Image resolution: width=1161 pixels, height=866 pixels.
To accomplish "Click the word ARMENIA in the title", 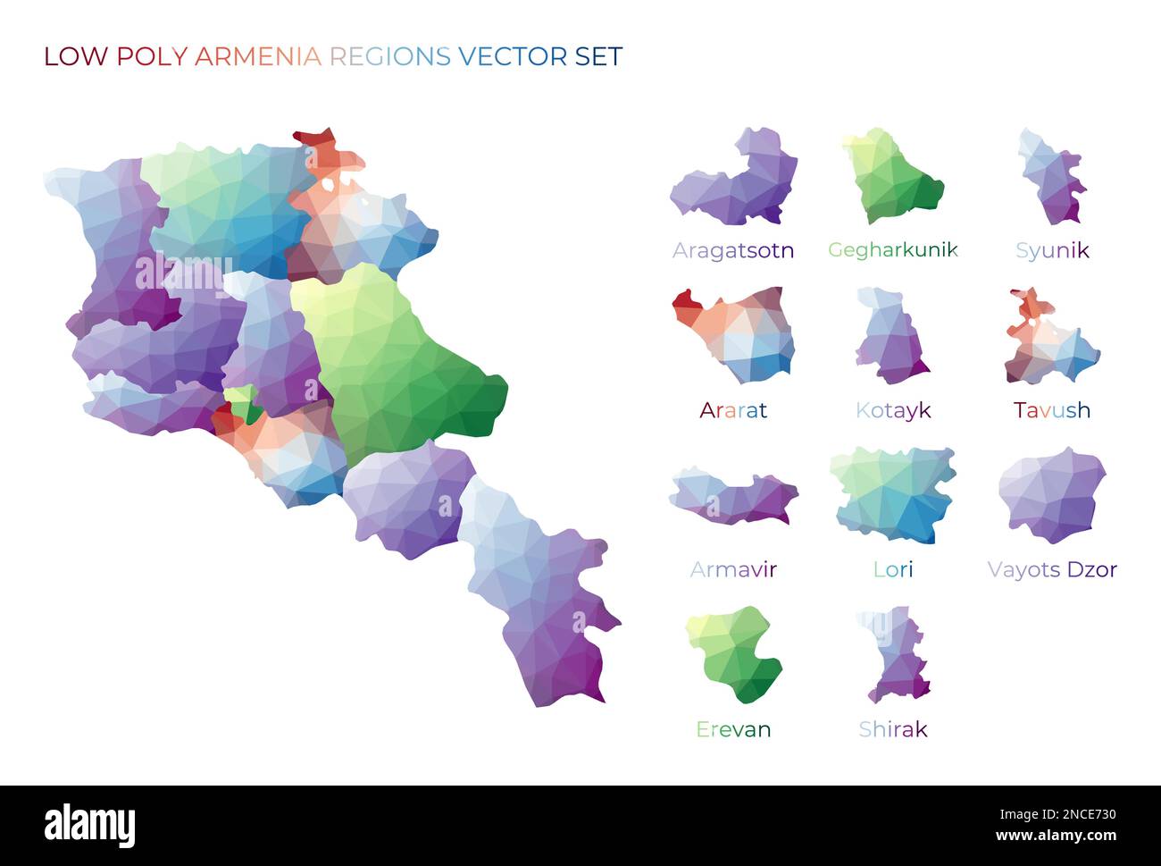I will (257, 56).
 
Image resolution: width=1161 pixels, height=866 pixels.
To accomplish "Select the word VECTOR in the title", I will (513, 56).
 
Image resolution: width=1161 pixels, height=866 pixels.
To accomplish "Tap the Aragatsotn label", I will (732, 250).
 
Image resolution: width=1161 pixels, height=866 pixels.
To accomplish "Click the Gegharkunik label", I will (892, 250).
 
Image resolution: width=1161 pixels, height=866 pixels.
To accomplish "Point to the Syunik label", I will (1051, 250).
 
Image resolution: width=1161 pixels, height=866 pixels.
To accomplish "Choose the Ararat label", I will (732, 410).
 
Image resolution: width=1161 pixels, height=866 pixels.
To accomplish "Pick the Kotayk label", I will (892, 410).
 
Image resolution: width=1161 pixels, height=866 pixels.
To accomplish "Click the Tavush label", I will (1051, 410).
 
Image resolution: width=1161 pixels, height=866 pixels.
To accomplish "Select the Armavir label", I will (732, 569).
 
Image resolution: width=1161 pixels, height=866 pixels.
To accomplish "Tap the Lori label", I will (892, 569).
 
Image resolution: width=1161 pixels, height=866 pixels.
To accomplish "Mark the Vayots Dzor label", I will (1051, 569).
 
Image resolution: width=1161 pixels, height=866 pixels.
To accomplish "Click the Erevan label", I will (732, 729).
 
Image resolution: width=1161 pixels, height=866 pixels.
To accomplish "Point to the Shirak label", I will (892, 729).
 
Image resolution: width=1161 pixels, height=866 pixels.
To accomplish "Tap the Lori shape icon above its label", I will (893, 494).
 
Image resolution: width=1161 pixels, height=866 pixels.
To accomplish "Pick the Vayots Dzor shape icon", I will (1051, 496).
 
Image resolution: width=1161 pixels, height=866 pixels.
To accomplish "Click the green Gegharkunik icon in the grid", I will (893, 177).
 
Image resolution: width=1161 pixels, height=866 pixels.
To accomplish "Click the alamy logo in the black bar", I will (89, 825).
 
